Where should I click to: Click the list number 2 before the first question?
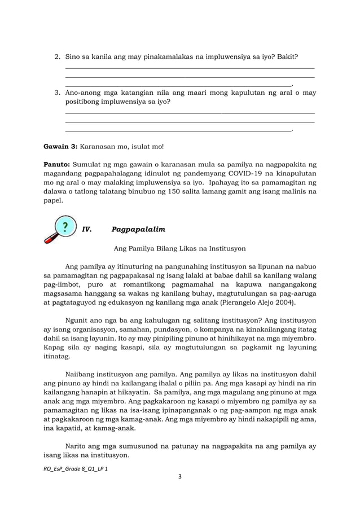click(x=56, y=58)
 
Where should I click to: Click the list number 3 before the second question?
click(x=56, y=92)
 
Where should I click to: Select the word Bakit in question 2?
click(x=286, y=58)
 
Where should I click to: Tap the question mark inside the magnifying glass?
click(x=66, y=227)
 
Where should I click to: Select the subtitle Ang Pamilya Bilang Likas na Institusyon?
click(x=179, y=248)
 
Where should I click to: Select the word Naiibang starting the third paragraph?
click(x=81, y=375)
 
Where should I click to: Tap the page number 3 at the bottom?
click(x=179, y=477)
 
